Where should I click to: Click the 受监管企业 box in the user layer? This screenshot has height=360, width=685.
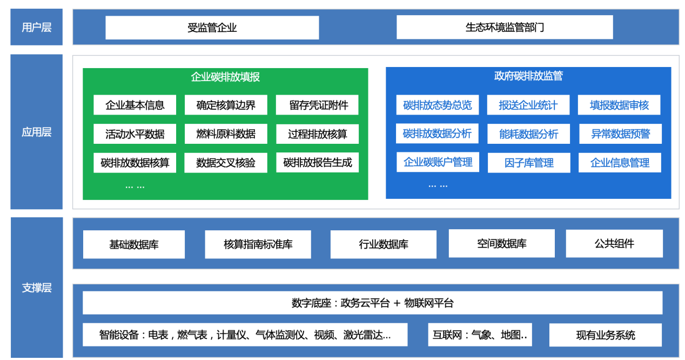(212, 28)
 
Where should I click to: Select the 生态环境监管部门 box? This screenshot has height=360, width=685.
(505, 27)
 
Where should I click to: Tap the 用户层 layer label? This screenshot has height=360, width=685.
(37, 27)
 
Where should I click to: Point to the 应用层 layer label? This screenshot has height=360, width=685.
(37, 132)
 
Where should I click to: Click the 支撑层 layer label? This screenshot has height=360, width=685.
(37, 288)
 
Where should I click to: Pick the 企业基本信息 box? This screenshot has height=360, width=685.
(135, 105)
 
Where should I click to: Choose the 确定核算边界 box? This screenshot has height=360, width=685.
(226, 105)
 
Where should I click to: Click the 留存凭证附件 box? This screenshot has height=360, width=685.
(317, 105)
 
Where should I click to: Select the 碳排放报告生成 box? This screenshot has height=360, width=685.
(317, 163)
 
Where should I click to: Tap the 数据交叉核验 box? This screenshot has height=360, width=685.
(226, 163)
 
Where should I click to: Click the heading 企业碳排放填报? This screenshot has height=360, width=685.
(225, 77)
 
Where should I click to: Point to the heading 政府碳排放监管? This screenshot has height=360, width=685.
(528, 76)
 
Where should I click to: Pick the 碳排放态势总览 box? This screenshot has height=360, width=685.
(438, 105)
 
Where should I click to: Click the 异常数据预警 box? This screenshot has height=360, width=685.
(620, 134)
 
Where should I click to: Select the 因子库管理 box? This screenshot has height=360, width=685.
(529, 163)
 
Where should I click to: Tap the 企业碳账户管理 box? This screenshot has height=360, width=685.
(438, 162)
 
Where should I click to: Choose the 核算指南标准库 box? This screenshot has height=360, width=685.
(258, 244)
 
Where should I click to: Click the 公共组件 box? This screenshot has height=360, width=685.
(614, 243)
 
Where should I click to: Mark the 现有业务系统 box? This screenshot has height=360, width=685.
(606, 335)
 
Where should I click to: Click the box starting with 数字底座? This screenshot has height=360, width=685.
(372, 303)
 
